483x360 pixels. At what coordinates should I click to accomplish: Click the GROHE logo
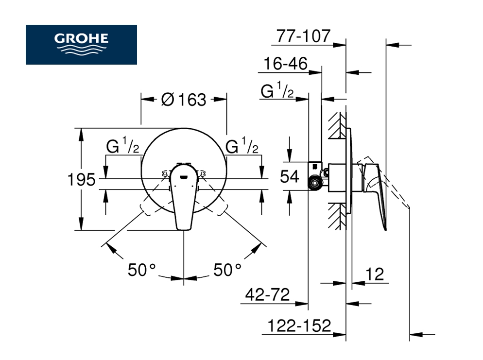pos(81,45)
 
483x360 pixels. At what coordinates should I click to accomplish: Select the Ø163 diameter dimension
pos(184,100)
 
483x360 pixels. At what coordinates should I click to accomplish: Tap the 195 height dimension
pos(81,180)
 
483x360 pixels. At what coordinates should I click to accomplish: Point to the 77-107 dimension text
pos(303,36)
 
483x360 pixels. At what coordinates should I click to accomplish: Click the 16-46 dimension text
pos(286,64)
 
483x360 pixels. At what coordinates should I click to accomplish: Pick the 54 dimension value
pos(289,176)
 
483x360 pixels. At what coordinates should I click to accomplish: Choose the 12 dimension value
pos(375,274)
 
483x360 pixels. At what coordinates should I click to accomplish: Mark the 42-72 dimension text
pos(267,294)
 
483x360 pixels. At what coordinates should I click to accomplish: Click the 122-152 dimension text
pos(299,326)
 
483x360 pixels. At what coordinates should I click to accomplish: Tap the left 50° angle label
pos(142,270)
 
